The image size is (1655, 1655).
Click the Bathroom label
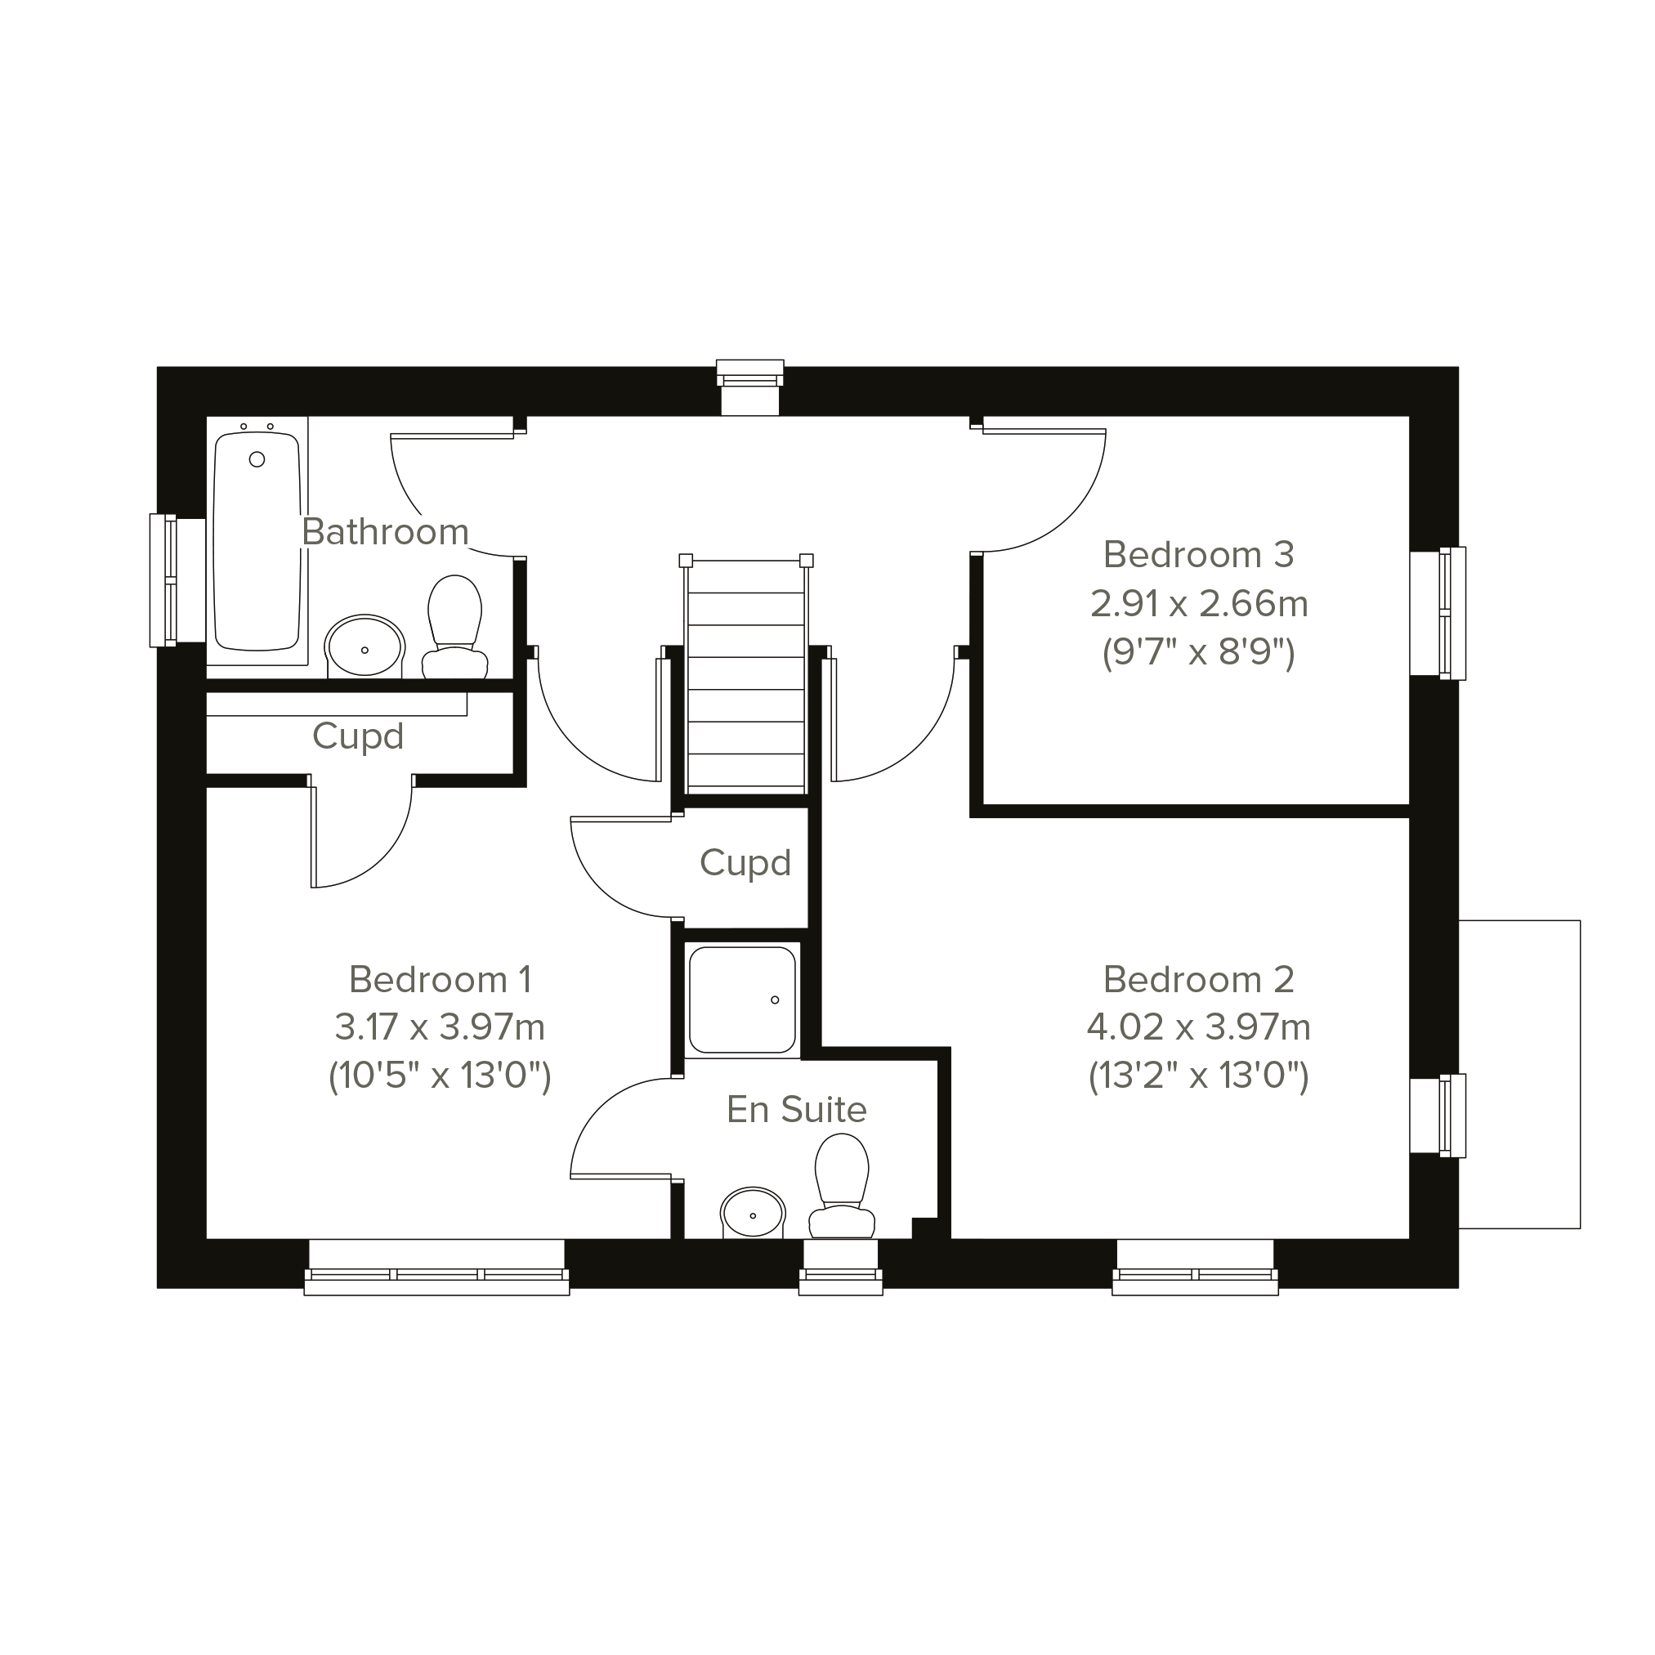pyautogui.click(x=386, y=532)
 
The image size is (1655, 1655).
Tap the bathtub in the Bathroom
pyautogui.click(x=257, y=540)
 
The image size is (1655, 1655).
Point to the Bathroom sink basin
pyautogui.click(x=365, y=646)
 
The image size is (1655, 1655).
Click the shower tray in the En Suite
pyautogui.click(x=743, y=1000)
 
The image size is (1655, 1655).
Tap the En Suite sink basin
pyautogui.click(x=753, y=1213)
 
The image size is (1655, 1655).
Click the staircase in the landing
pyautogui.click(x=746, y=673)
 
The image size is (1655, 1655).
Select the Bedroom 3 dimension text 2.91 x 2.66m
pyautogui.click(x=1198, y=604)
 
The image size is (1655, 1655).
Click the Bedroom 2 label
pyautogui.click(x=1198, y=979)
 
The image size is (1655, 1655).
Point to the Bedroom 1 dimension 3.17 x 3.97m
pyautogui.click(x=440, y=1027)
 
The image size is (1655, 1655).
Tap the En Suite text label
pyautogui.click(x=797, y=1109)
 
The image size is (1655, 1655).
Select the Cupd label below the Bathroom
pyautogui.click(x=358, y=736)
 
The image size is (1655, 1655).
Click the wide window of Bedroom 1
pyautogui.click(x=437, y=1268)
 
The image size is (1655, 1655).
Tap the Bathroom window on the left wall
pyautogui.click(x=177, y=581)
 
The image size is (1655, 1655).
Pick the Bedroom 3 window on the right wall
pyautogui.click(x=1438, y=613)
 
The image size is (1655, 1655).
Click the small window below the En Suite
pyautogui.click(x=841, y=1268)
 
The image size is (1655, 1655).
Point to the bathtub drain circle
pyautogui.click(x=257, y=460)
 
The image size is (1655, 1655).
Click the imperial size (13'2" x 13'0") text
pyautogui.click(x=1198, y=1076)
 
